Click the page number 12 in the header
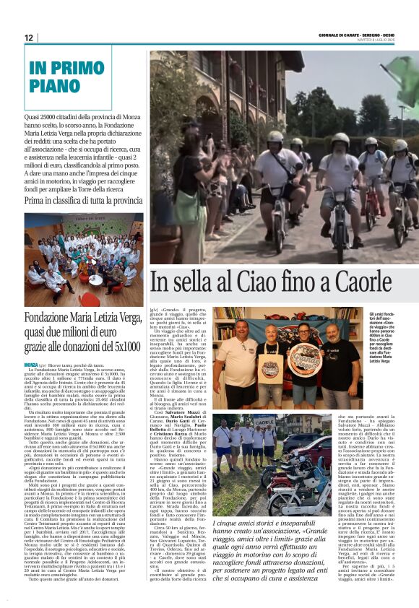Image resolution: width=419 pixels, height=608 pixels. (x=29, y=38)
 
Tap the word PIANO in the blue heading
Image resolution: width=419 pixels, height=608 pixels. (x=56, y=87)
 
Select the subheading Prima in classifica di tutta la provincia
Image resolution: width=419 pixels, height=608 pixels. (x=83, y=200)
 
